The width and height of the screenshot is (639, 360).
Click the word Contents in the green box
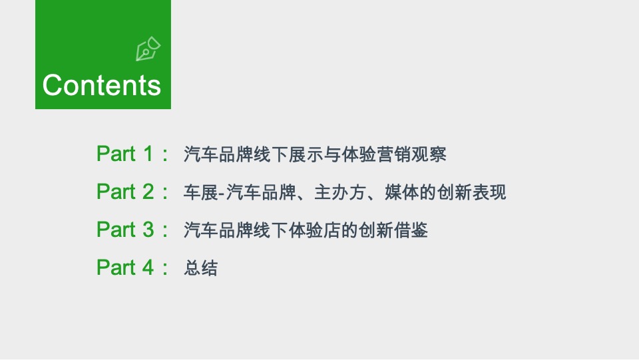click(x=102, y=85)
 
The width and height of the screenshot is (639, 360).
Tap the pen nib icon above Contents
click(x=148, y=49)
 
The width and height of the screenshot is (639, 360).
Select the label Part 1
click(x=125, y=154)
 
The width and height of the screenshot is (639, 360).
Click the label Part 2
click(x=125, y=192)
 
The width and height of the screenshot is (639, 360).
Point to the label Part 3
click(x=125, y=230)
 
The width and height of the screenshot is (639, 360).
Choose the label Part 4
click(x=125, y=268)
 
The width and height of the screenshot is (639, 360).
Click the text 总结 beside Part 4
click(x=200, y=269)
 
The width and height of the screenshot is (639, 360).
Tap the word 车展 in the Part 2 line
click(x=200, y=193)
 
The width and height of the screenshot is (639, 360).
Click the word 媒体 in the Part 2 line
click(x=401, y=193)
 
